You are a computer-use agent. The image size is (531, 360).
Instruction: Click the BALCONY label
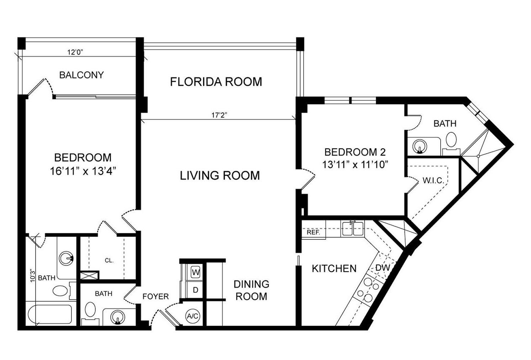tap(81, 75)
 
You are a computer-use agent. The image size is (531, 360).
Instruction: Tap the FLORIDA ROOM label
tap(216, 82)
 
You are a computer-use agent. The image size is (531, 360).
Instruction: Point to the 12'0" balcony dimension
tap(75, 52)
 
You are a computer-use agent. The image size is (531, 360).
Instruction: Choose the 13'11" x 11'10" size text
tap(355, 165)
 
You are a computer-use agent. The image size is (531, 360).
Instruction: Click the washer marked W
tap(195, 272)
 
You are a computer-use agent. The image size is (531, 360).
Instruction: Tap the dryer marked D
tap(195, 290)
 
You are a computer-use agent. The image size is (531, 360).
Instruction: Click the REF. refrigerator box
tap(313, 233)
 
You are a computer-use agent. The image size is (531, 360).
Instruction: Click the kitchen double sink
tap(353, 228)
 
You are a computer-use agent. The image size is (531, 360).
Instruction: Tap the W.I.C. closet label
tap(433, 180)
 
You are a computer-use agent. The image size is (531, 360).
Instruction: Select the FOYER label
tap(155, 296)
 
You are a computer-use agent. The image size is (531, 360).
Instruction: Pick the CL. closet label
tap(109, 260)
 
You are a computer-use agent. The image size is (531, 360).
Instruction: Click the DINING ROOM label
tap(251, 290)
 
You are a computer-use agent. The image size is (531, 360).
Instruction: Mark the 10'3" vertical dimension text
tap(33, 275)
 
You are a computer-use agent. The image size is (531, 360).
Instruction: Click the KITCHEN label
tap(334, 268)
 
